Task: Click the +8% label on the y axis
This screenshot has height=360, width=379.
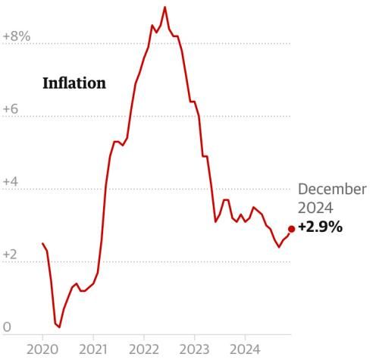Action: pos(16,36)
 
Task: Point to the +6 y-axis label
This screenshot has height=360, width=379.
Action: pos(11,109)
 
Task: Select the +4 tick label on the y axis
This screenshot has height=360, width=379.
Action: pos(11,182)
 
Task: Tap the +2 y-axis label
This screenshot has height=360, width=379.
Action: pos(11,255)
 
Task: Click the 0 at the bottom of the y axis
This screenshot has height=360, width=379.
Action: pos(7,327)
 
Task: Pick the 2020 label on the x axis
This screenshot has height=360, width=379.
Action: pos(42,349)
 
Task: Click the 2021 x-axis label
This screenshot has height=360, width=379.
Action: pos(92,349)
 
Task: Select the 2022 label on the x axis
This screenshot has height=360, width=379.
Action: pos(143,349)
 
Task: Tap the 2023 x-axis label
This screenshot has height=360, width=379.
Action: pos(194,349)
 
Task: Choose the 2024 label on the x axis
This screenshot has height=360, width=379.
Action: pos(245,349)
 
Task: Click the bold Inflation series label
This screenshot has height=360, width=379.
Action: pos(74,83)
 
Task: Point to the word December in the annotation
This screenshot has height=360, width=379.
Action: pos(331,189)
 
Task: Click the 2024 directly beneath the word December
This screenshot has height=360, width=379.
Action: pos(315,208)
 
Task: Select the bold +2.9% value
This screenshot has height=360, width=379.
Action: pos(321,227)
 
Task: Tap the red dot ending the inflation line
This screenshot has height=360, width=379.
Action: pos(291,228)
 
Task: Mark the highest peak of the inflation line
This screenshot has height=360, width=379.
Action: pos(164,7)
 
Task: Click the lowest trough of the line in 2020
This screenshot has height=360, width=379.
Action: pos(59,327)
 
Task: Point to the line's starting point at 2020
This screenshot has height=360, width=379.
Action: pos(42,243)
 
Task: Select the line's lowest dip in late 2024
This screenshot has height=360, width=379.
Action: pos(279,247)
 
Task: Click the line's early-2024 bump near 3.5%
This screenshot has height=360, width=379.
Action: pos(253,207)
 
